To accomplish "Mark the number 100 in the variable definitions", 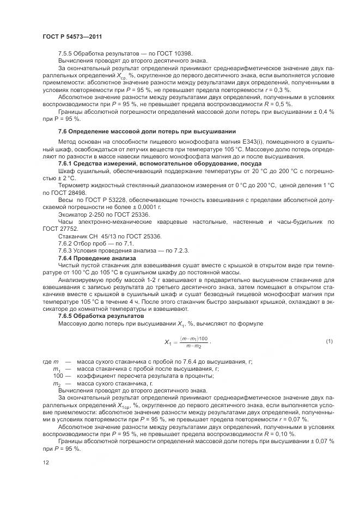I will (x=58, y=376).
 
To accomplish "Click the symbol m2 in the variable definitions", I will (x=56, y=383).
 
